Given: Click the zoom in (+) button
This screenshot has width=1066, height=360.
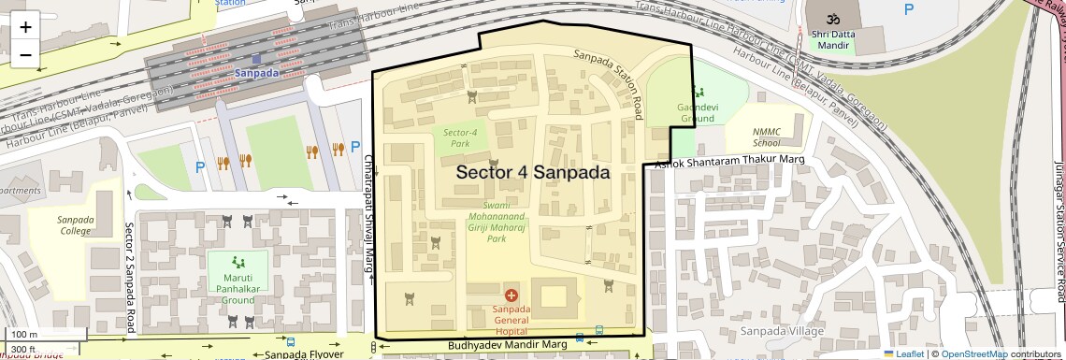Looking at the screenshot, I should (25, 26).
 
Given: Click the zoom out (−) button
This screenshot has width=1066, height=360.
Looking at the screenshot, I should (25, 54).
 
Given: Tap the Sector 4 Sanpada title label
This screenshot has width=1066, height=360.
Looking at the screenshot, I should (532, 173).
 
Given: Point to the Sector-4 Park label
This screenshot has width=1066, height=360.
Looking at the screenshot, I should (460, 138).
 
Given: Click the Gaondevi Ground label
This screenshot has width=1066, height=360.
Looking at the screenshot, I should (697, 113).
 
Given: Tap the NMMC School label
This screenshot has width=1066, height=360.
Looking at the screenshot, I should (766, 138).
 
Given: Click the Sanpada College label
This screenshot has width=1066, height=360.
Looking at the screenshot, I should (77, 225).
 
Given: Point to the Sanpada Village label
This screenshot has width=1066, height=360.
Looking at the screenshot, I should (782, 331).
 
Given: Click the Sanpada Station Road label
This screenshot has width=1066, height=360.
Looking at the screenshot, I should (609, 84).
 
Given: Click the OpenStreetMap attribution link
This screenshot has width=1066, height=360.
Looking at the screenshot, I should (973, 353).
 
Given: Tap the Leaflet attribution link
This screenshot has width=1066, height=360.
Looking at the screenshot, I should (903, 353).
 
